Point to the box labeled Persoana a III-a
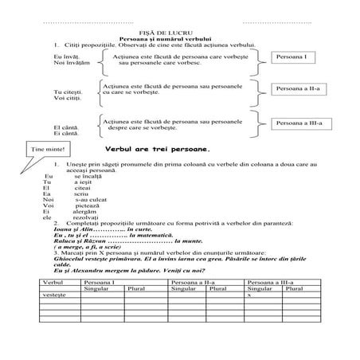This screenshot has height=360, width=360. click(x=296, y=123)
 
